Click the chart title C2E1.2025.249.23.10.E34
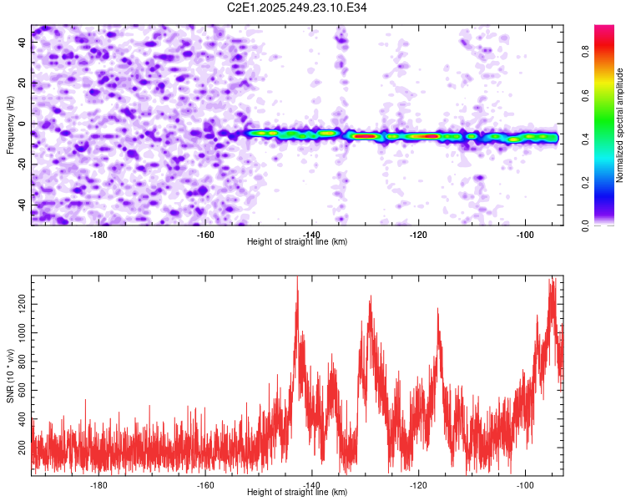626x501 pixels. click(x=297, y=8)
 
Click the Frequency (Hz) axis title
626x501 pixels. click(x=10, y=124)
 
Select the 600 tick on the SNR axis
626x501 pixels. click(x=19, y=390)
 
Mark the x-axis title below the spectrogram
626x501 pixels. click(x=297, y=242)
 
